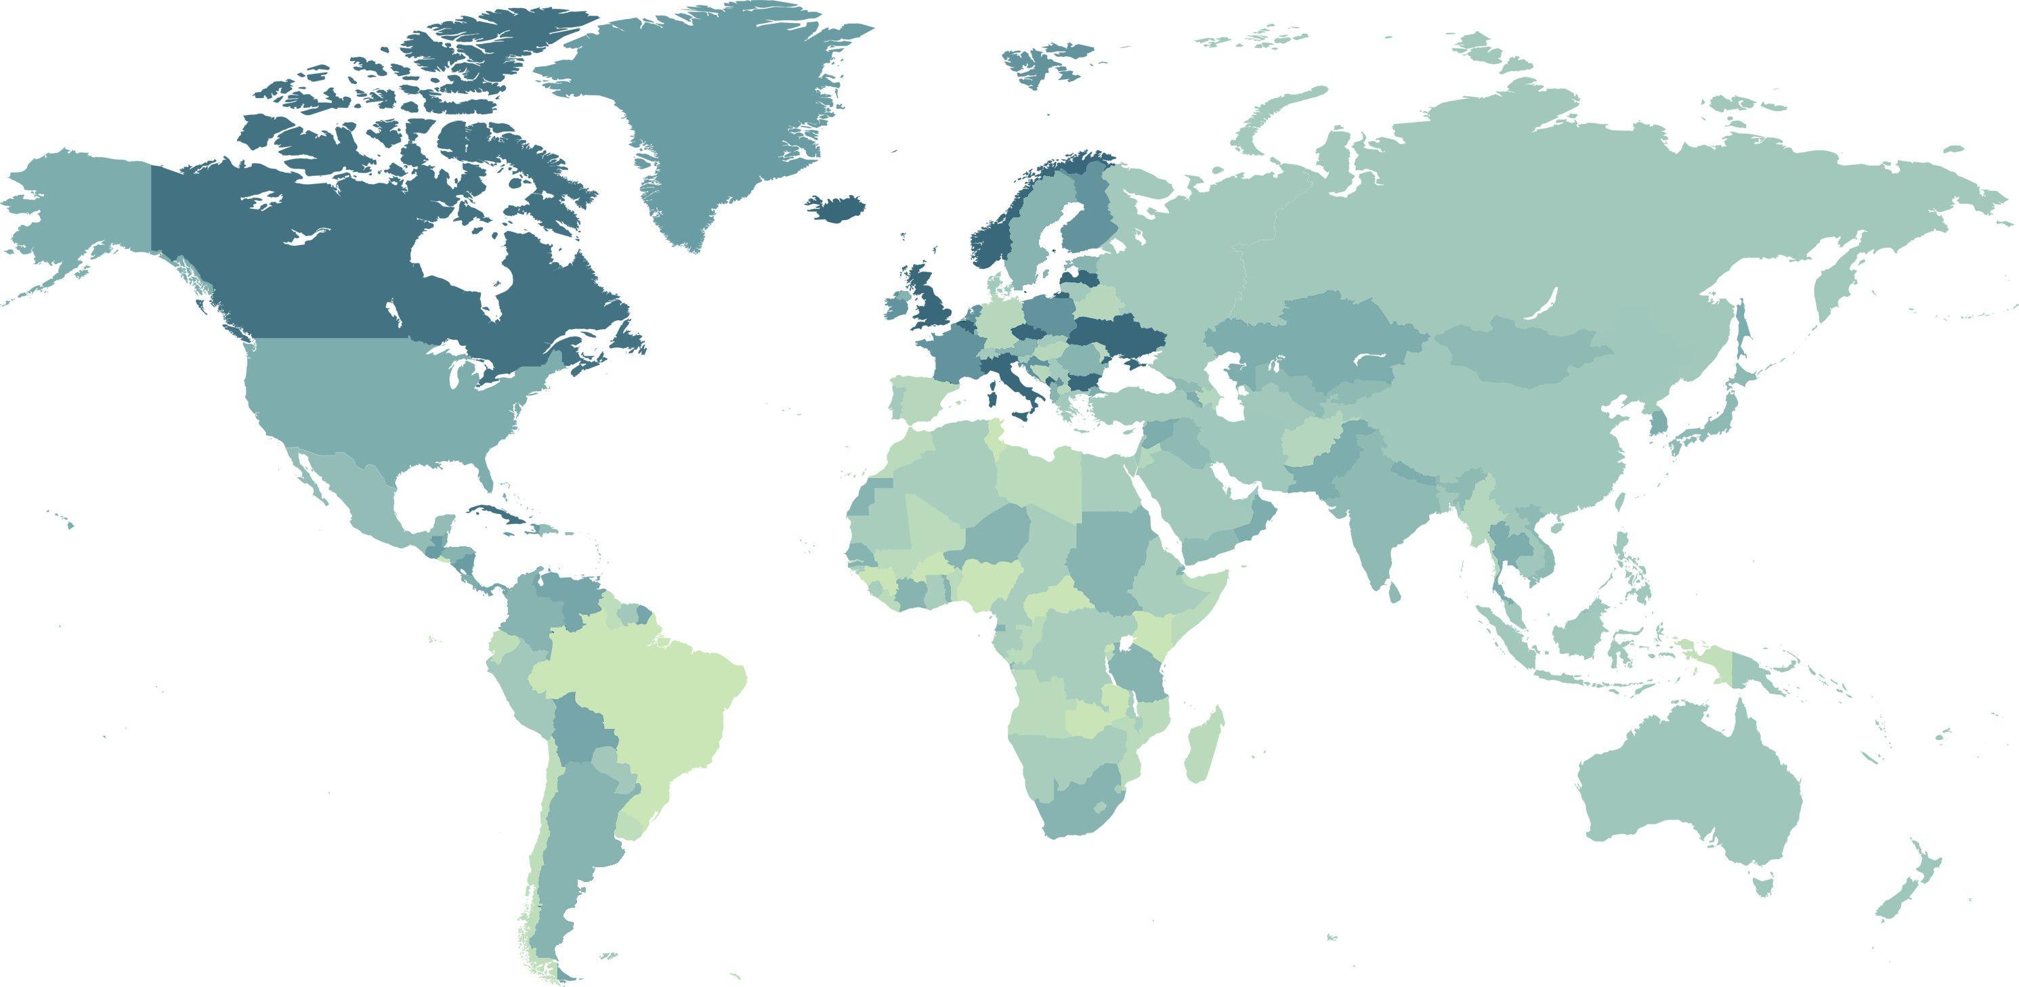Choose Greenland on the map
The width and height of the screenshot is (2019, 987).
pyautogui.click(x=705, y=118)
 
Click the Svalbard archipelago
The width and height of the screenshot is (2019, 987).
pyautogui.click(x=1042, y=63)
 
